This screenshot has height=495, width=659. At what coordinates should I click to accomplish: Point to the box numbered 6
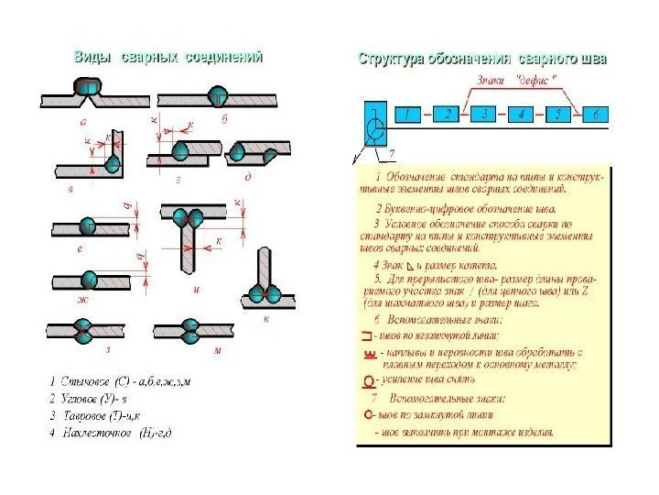pyautogui.click(x=595, y=115)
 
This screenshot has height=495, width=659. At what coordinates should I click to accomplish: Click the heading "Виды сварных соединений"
pyautogui.click(x=168, y=57)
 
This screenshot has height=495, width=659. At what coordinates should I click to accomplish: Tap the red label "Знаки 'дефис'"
pyautogui.click(x=513, y=81)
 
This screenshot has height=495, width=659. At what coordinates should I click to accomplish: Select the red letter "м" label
pyautogui.click(x=218, y=351)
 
